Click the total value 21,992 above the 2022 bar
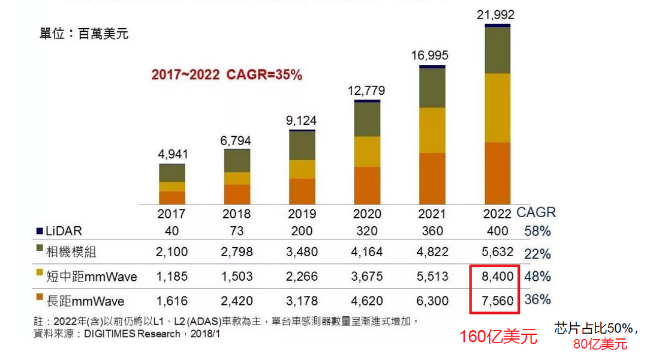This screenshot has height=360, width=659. tap(495, 15)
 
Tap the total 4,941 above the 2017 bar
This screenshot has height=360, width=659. tap(173, 154)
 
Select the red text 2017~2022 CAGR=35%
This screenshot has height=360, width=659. tap(227, 75)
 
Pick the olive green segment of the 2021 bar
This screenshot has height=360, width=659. tap(432, 88)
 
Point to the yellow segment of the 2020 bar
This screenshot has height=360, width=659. tap(367, 151)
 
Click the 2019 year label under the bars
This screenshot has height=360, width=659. tap(302, 214)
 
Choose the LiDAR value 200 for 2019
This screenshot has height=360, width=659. tap(302, 231)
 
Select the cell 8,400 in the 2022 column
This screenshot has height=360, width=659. tap(498, 277)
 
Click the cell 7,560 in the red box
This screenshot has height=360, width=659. tap(498, 300)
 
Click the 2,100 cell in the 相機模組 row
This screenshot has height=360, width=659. tap(172, 252)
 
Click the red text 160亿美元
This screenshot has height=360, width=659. tap(498, 337)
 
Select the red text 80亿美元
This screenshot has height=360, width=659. tap(600, 344)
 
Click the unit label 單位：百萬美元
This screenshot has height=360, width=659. tap(84, 34)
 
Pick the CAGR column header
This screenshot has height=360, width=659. tap(536, 212)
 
